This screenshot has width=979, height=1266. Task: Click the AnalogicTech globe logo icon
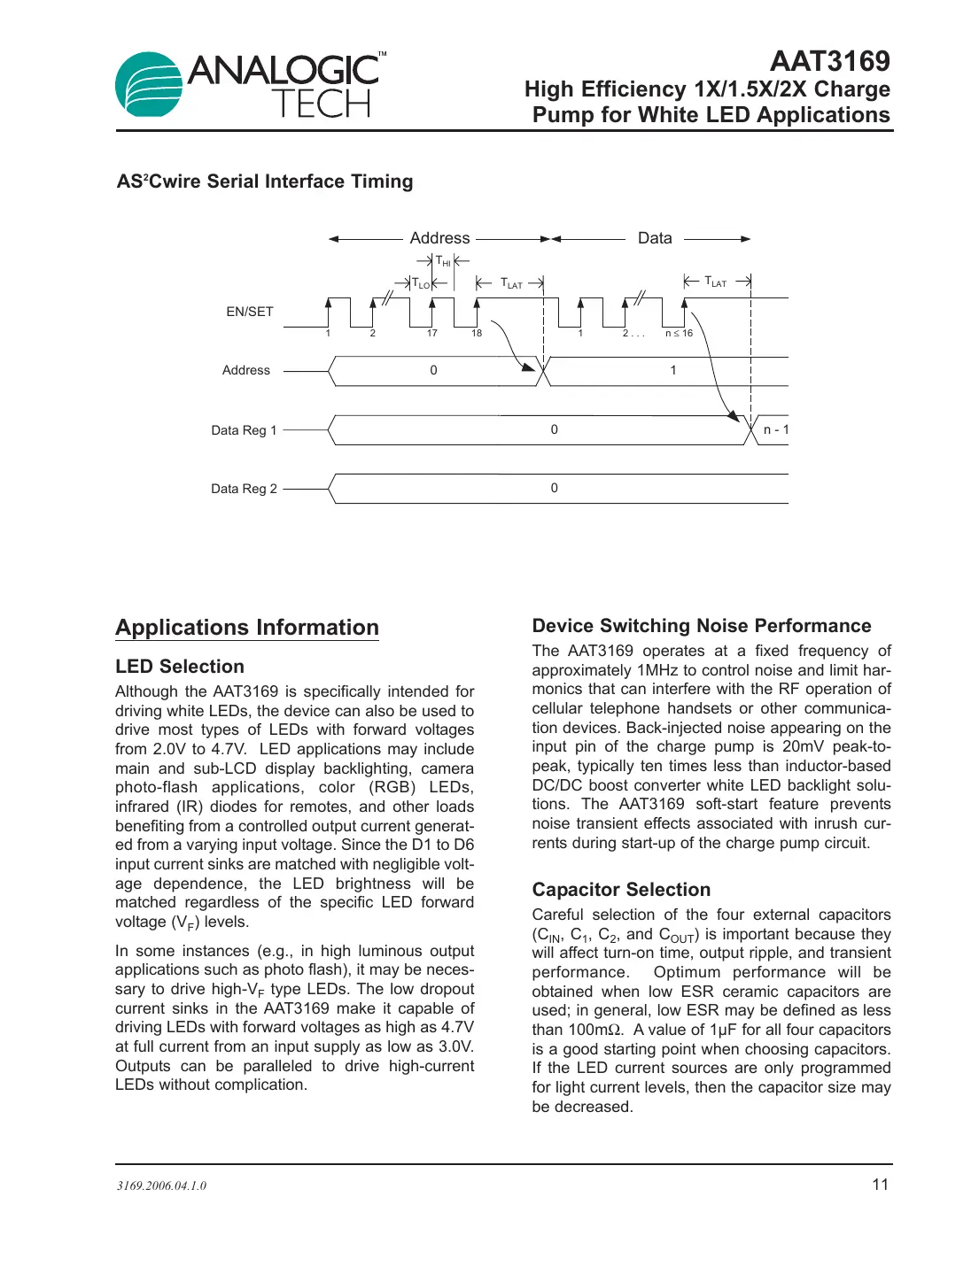tap(149, 84)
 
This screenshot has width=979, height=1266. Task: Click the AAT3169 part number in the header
tap(829, 61)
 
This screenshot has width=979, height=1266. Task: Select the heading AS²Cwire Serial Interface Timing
tap(265, 181)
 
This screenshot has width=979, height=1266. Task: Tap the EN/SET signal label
tap(250, 312)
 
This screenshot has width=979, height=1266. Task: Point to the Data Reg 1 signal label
tap(244, 430)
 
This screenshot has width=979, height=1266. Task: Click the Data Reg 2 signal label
tap(244, 489)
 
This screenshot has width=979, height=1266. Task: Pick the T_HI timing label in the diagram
tap(443, 261)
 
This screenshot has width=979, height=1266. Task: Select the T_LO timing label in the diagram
tap(421, 284)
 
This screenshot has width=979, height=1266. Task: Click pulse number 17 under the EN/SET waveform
tap(431, 334)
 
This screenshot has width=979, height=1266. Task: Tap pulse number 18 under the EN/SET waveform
tap(477, 334)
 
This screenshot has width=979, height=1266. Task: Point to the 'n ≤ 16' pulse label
tap(679, 334)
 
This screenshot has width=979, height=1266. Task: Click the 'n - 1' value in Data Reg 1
tap(775, 430)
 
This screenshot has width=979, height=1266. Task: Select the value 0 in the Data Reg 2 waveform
tap(555, 488)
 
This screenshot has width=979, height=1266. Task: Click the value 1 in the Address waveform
tap(673, 370)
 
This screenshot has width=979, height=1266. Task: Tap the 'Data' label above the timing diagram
tap(655, 238)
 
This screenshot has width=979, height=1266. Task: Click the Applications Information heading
tap(247, 628)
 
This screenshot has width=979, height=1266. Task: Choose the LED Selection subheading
tap(180, 667)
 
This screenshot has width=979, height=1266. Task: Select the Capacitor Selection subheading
tap(621, 890)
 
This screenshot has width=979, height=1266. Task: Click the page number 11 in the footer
tap(880, 1185)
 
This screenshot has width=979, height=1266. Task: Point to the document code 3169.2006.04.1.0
tap(161, 1185)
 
